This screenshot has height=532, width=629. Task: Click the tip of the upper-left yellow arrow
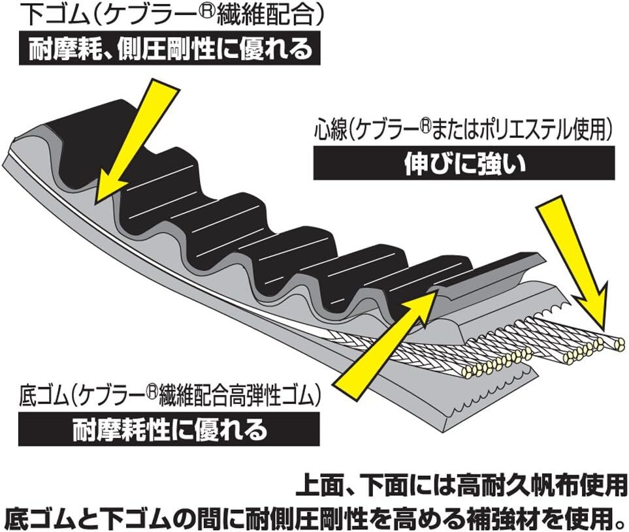click(98, 200)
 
